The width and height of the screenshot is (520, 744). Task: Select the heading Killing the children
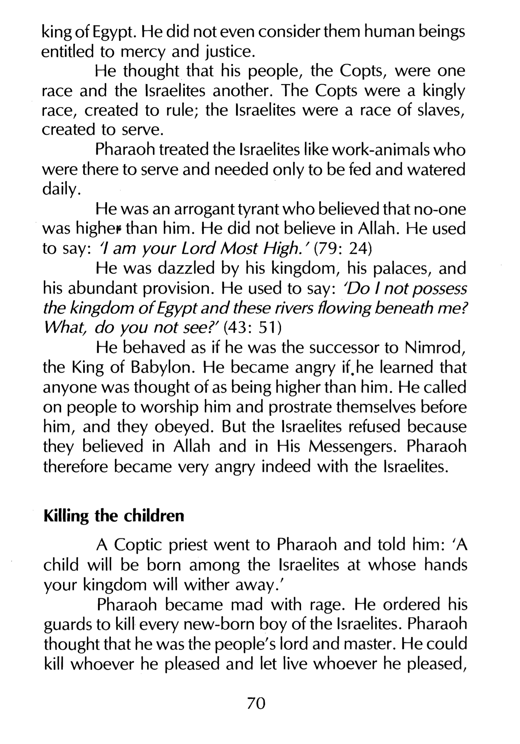coord(114,516)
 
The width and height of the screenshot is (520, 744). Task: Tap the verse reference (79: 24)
coord(343,249)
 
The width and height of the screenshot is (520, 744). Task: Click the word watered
coord(436,170)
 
